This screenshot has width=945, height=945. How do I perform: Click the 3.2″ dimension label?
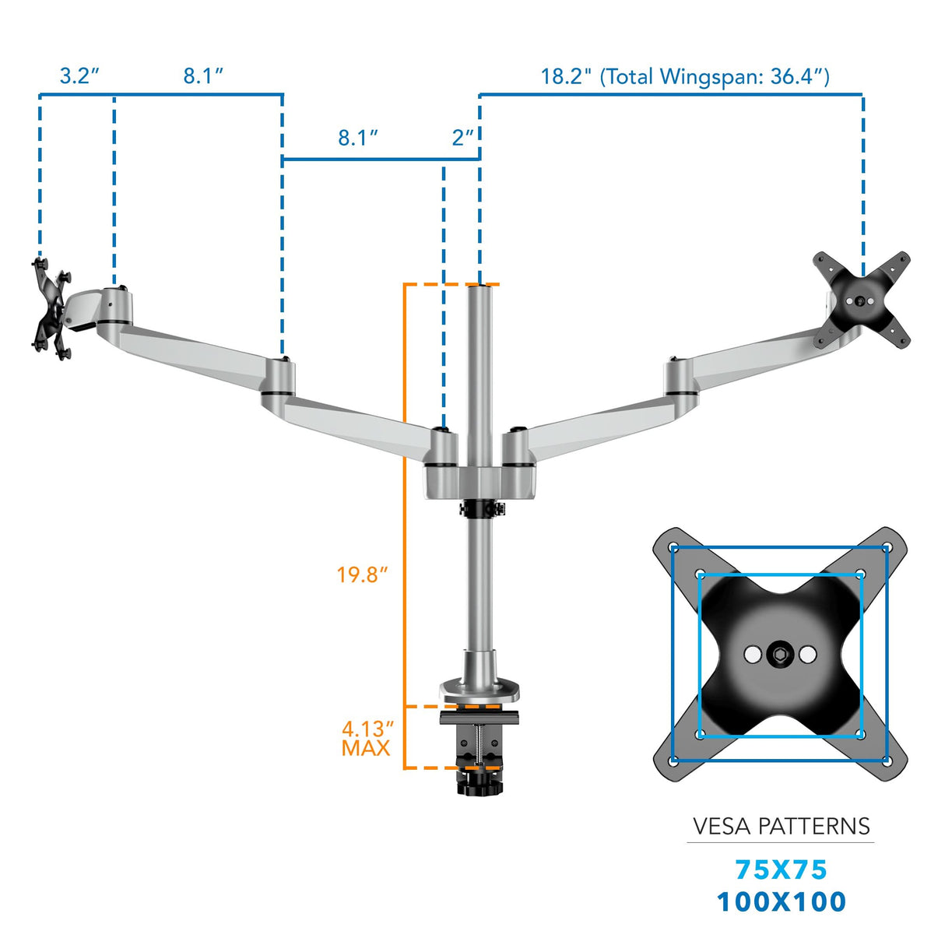[x=79, y=76]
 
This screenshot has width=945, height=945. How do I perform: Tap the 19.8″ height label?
[x=362, y=575]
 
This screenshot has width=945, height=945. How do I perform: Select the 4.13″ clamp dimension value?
[x=367, y=729]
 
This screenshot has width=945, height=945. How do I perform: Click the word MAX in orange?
[x=366, y=748]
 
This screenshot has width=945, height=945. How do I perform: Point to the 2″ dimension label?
[x=462, y=138]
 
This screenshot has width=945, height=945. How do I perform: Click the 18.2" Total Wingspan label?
[x=685, y=76]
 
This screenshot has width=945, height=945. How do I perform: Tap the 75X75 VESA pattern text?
[x=781, y=869]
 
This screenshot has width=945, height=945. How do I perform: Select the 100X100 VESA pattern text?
[x=781, y=901]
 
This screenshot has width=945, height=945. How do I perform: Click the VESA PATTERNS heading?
[x=781, y=826]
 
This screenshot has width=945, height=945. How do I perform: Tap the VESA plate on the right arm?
[x=861, y=300]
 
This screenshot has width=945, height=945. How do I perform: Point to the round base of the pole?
[x=480, y=689]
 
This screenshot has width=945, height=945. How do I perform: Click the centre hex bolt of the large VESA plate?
[x=780, y=654]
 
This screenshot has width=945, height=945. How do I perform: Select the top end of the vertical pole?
[x=480, y=287]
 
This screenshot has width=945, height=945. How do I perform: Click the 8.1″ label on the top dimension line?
[x=203, y=76]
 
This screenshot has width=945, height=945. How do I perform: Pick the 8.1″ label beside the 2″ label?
[x=358, y=138]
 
